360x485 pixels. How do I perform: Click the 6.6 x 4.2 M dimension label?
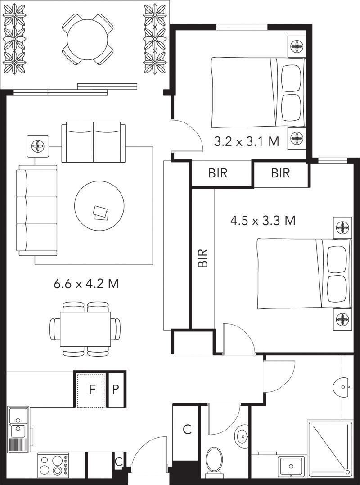click(86, 284)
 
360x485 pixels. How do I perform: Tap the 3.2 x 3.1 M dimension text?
click(247, 142)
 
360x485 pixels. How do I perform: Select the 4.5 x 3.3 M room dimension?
click(263, 221)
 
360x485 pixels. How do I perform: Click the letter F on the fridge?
click(92, 390)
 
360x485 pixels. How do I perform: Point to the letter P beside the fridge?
click(115, 390)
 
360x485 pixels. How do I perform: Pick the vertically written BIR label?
click(202, 258)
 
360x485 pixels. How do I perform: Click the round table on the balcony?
click(87, 39)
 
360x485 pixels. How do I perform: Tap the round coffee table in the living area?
click(99, 206)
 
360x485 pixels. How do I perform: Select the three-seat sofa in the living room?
click(37, 210)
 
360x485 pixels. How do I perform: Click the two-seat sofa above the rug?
click(94, 142)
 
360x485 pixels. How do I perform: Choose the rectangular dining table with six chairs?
click(85, 329)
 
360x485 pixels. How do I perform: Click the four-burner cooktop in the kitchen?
click(53, 465)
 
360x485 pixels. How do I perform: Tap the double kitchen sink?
click(18, 430)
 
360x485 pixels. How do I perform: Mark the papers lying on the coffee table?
click(101, 213)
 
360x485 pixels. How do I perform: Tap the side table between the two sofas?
click(38, 146)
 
